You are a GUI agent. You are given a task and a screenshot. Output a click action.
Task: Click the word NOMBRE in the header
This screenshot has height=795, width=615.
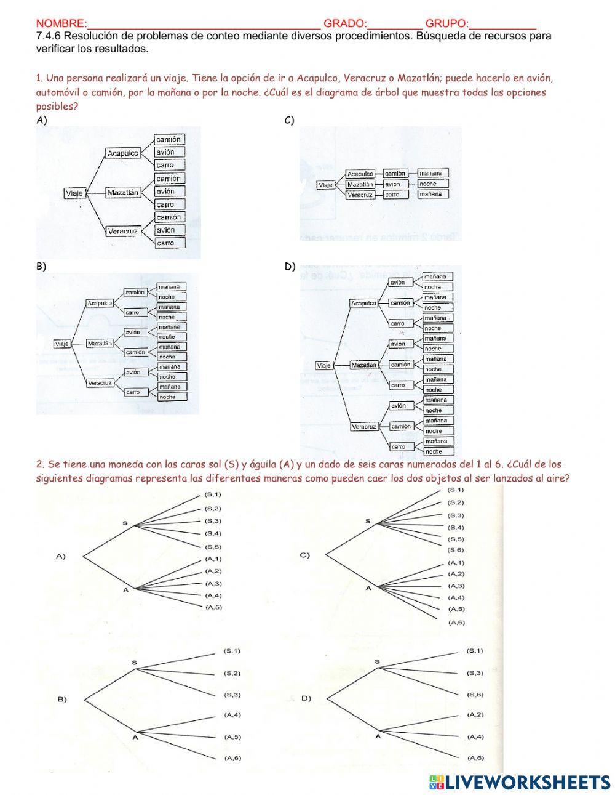coord(61,23)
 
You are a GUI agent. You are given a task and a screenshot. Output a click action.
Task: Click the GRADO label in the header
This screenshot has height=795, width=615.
coord(344,23)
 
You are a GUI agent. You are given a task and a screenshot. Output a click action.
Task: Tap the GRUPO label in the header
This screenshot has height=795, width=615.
coord(446,23)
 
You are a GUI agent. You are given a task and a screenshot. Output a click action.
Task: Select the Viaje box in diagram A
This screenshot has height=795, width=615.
coord(74,193)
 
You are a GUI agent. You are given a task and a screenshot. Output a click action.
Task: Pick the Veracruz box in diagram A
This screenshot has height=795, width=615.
coord(123,232)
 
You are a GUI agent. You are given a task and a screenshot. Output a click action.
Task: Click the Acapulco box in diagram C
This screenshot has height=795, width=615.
coord(360,174)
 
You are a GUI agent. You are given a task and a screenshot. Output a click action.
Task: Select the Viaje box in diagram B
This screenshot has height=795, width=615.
coord(62,344)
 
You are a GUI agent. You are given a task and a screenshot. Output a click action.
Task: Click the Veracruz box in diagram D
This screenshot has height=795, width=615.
coord(363,426)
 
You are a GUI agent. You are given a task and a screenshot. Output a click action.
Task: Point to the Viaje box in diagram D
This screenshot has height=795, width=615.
coord(324,365)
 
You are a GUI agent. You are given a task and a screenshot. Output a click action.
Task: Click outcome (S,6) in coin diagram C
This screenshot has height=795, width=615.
coord(456,550)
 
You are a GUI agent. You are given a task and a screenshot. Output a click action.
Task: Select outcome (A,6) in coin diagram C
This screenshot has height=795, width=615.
coord(456,622)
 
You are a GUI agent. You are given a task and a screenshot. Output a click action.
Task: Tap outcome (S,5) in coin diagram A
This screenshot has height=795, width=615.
coord(213,547)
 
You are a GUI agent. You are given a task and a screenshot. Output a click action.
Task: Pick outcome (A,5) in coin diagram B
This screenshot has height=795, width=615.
coord(232,736)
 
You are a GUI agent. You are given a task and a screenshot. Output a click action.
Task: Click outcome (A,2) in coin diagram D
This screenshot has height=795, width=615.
coord(475,715)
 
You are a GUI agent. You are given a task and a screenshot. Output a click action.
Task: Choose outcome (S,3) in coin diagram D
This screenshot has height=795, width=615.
coord(475,673)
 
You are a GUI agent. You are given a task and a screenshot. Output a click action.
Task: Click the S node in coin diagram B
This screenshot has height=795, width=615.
coord(135,663)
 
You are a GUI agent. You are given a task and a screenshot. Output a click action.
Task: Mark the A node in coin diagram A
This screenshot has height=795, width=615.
coord(125,590)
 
